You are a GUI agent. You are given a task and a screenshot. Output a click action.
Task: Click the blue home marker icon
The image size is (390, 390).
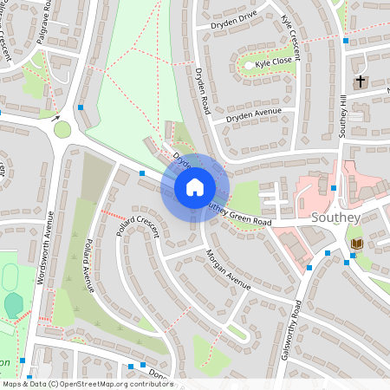coord(195,187)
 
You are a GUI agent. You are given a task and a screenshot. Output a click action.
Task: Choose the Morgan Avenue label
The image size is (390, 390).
coord(228,270)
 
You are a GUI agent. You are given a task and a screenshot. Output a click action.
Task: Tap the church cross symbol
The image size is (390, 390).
coord(360,81)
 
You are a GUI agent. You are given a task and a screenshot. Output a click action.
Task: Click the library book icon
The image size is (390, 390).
coord(356,244)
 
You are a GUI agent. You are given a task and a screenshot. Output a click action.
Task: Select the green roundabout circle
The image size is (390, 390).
coord(62,130)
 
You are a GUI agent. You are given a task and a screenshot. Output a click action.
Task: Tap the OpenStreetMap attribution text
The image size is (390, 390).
coord(88,384)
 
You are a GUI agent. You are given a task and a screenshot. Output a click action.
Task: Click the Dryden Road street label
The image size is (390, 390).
coord(204,91)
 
